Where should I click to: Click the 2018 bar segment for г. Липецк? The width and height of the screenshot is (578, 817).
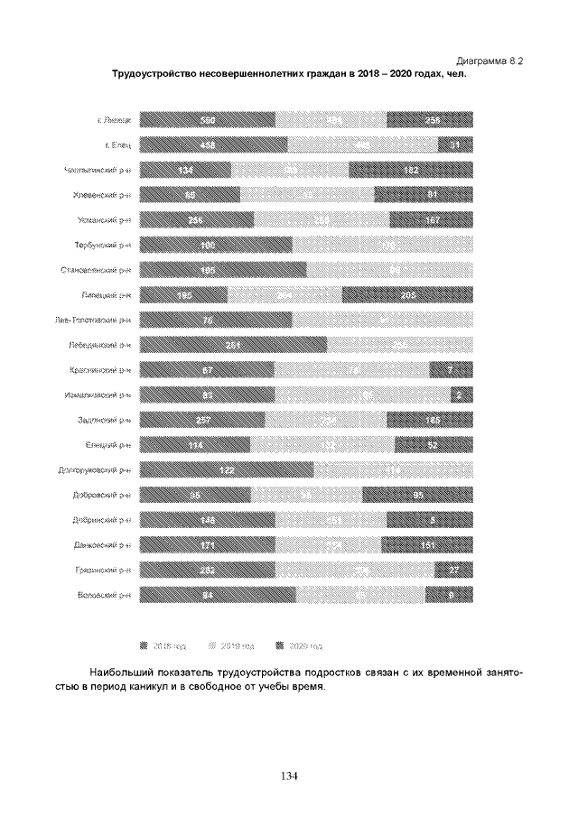207,120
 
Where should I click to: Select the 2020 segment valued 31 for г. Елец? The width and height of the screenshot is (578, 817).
455,144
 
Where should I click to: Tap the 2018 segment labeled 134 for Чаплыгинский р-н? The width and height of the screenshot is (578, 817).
186,170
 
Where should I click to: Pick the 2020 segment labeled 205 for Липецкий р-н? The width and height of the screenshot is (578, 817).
407,294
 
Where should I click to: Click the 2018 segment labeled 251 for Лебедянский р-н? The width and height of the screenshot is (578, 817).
233,344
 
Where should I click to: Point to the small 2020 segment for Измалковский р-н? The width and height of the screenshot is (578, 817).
461,394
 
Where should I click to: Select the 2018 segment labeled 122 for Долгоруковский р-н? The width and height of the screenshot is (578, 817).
227,469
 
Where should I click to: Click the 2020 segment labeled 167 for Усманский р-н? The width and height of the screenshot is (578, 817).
431,219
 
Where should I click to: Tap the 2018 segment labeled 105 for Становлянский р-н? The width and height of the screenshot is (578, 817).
223,269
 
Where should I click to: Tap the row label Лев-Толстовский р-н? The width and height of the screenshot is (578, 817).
93,320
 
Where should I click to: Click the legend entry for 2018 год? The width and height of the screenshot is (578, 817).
163,646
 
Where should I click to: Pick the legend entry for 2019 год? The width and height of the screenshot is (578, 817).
231,646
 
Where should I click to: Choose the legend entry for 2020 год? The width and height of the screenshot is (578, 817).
299,646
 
